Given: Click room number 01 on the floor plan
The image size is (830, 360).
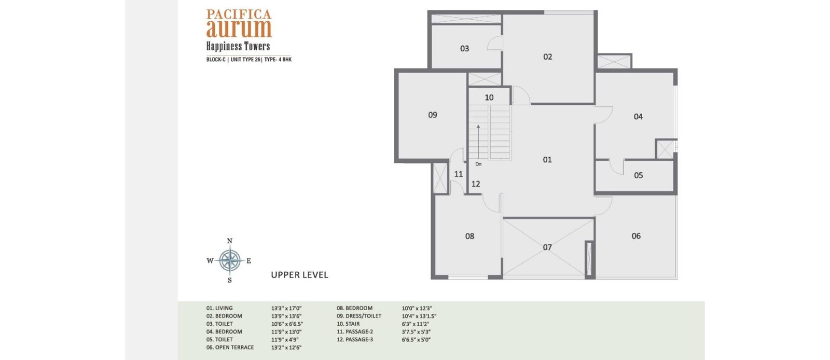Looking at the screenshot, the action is coord(547,160).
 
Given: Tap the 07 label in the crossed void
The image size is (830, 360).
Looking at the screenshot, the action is coord(547,247).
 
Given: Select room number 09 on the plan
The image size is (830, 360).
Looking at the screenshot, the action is coord(433,115).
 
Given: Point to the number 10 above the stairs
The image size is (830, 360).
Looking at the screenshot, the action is coord(489,98).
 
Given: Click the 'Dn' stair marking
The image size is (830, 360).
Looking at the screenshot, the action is coord(478,164).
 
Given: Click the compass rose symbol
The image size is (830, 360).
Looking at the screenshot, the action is coord(230,260).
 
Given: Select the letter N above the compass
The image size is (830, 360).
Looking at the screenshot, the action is coord(230,241).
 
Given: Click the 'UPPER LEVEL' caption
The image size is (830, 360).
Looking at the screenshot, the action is coord(299,275).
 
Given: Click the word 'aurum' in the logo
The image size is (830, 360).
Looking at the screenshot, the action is coord(239,29).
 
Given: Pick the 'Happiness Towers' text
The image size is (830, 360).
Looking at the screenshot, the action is coord(238,46).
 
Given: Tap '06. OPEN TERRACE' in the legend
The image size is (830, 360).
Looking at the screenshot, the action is coord(230,348).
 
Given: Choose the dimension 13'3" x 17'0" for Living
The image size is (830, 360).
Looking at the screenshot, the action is coord(286,308).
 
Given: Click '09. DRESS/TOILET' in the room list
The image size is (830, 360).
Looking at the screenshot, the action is coord(359,316).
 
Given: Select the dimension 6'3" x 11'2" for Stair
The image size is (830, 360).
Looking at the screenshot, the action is coord(416,324).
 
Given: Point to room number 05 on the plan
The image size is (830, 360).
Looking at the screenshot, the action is coord(639,175).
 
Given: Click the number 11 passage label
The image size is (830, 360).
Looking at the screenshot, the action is coord(459,174).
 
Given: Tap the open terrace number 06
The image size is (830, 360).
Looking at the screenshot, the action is coord(636,236).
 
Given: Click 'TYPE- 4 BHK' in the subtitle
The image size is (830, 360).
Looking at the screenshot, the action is coord(278,59).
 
